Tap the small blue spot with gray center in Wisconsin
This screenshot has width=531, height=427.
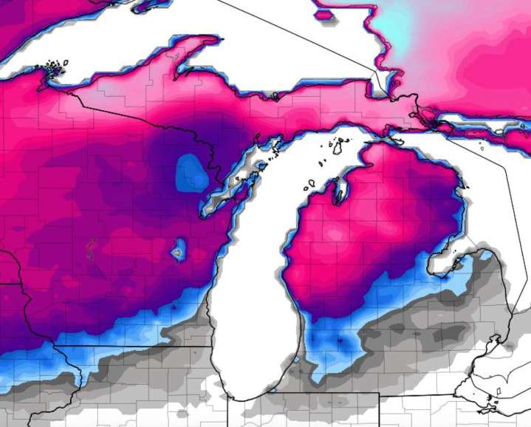click(177, 251)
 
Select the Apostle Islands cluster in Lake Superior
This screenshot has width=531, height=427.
click(52, 68)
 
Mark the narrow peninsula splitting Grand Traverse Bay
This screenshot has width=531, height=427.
click(340, 188)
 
